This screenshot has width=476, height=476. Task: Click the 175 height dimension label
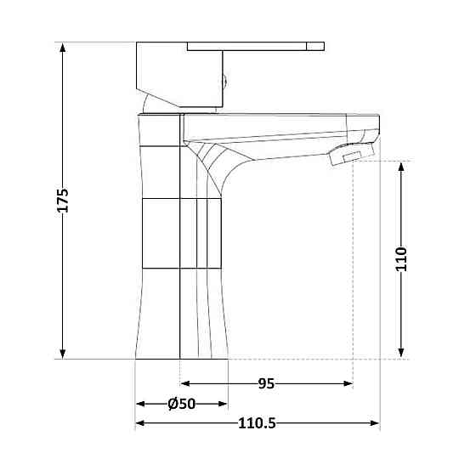click(63, 200)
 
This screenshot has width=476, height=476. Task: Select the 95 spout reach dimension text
click(266, 383)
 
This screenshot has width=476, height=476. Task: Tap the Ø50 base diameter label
click(183, 404)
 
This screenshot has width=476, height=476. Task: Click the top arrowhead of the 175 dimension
click(63, 48)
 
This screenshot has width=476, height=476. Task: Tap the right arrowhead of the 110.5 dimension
click(373, 422)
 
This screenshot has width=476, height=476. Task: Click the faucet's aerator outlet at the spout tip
click(351, 155)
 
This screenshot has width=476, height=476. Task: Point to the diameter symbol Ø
click(173, 404)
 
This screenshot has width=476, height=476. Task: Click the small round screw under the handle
click(225, 82)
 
